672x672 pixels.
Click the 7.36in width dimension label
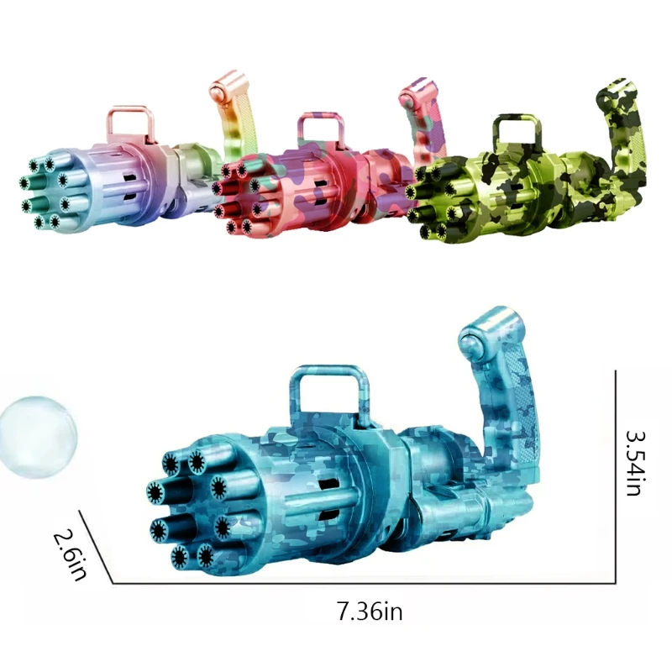coord(370,612)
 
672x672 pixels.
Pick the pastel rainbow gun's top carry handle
coord(132,122)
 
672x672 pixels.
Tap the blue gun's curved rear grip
coord(504,395)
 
